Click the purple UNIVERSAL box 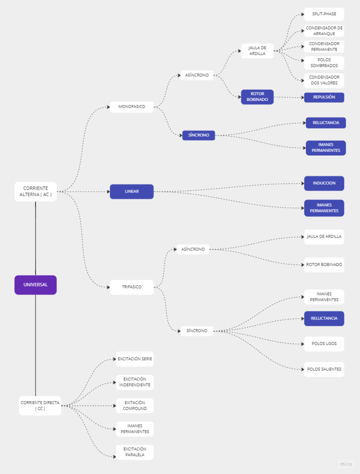(x=36, y=285)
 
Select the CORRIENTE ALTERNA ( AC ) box (x=36, y=192)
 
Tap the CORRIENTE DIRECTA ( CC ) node (x=40, y=405)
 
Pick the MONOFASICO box (x=132, y=107)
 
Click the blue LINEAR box (x=132, y=192)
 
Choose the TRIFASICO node (x=132, y=287)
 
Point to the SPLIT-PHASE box (x=324, y=14)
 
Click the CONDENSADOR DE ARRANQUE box (x=324, y=31)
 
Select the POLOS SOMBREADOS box (x=324, y=63)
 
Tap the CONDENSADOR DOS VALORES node (x=324, y=80)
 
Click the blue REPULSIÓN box (x=324, y=97)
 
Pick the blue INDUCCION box (x=324, y=183)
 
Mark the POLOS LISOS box (x=324, y=344)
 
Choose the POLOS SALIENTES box (x=324, y=369)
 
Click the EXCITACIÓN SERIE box (x=135, y=359)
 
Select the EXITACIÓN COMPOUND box (x=135, y=405)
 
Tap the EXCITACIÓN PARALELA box (x=135, y=452)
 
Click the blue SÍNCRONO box (x=199, y=136)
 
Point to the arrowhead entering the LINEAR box (x=108, y=192)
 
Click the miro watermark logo (x=346, y=464)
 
